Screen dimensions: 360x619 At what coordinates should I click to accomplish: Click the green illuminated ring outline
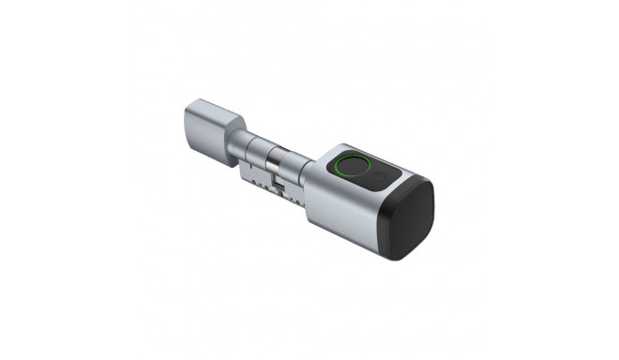(341, 174)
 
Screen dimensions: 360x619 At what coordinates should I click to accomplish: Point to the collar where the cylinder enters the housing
(309, 183)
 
